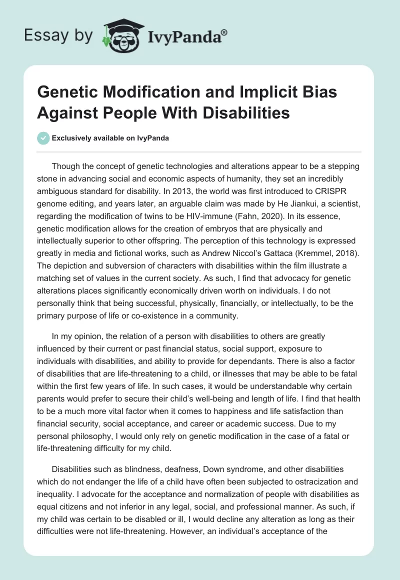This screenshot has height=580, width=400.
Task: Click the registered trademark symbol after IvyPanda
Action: click(224, 32)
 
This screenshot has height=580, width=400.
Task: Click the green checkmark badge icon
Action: click(43, 138)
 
